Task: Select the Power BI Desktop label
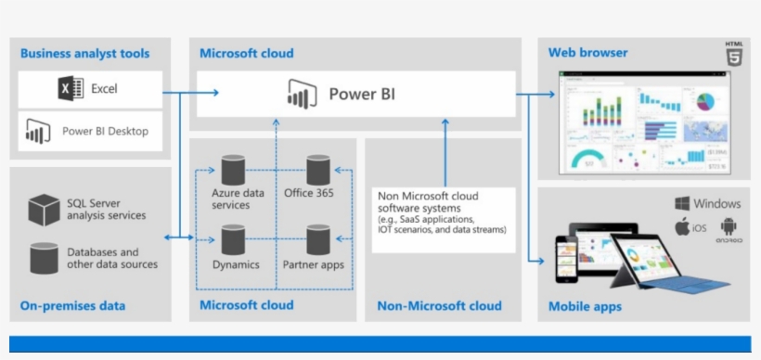[x=105, y=131]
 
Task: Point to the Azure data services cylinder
[x=232, y=170]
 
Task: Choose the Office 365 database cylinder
[x=318, y=170]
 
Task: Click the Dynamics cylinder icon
[x=232, y=239]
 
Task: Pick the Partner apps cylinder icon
[x=318, y=239]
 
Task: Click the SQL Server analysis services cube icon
[x=43, y=210]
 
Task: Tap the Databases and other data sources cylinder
[x=43, y=258]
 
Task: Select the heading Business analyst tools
[x=84, y=54]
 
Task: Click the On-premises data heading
[x=72, y=305]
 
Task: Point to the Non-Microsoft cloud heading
[x=439, y=305]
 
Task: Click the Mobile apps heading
[x=585, y=306]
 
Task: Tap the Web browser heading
[x=587, y=53]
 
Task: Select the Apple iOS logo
[x=682, y=226]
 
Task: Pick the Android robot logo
[x=729, y=226]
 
